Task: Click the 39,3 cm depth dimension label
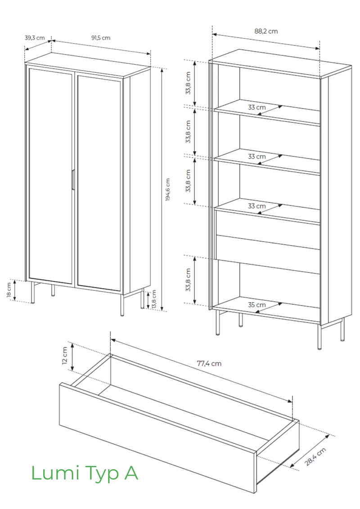pyautogui.click(x=35, y=38)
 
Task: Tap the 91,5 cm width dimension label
pyautogui.click(x=101, y=38)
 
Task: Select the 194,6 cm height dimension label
pyautogui.click(x=168, y=190)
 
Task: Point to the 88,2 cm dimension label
pyautogui.click(x=266, y=31)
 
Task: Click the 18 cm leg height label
pyautogui.click(x=9, y=290)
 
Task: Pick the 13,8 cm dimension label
pyautogui.click(x=154, y=299)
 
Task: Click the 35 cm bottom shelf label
pyautogui.click(x=256, y=305)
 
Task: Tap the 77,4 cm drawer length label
pyautogui.click(x=209, y=364)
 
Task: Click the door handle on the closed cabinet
pyautogui.click(x=73, y=179)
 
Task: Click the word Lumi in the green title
pyautogui.click(x=55, y=473)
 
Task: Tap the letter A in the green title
pyautogui.click(x=130, y=473)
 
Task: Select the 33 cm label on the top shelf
pyautogui.click(x=256, y=107)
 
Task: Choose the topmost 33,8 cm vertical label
pyautogui.click(x=188, y=83)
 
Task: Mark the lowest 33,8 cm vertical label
pyautogui.click(x=188, y=280)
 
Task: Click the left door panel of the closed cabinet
pyautogui.click(x=50, y=175)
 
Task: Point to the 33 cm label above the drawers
pyautogui.click(x=256, y=206)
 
